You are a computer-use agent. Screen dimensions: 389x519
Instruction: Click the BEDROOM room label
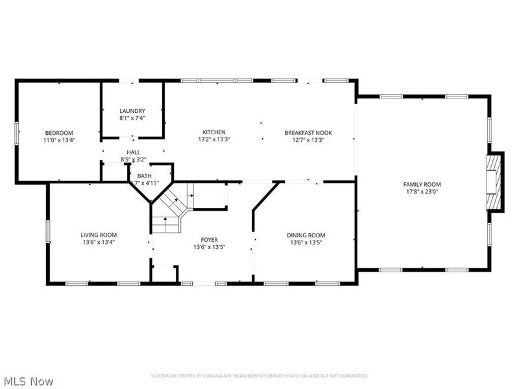click(59, 132)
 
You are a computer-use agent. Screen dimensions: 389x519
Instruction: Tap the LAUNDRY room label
click(132, 111)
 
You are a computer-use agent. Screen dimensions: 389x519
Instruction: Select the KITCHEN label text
click(214, 132)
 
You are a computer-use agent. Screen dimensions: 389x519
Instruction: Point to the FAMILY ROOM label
click(422, 184)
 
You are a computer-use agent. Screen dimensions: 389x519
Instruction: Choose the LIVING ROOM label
click(99, 235)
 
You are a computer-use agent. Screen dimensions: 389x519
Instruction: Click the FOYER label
click(209, 239)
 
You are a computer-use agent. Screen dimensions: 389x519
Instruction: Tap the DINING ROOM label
click(306, 235)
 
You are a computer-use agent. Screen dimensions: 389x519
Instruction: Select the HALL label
click(133, 152)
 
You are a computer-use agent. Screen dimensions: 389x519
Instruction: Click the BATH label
click(145, 176)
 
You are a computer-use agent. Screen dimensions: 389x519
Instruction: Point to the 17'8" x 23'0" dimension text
click(422, 191)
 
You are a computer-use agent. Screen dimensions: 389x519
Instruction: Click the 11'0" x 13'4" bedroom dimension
click(59, 139)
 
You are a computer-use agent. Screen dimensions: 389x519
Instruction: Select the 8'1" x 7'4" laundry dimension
click(132, 118)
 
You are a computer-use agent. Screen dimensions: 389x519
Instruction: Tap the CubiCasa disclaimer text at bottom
click(259, 376)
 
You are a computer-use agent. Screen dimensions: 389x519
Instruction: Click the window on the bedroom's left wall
click(17, 132)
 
